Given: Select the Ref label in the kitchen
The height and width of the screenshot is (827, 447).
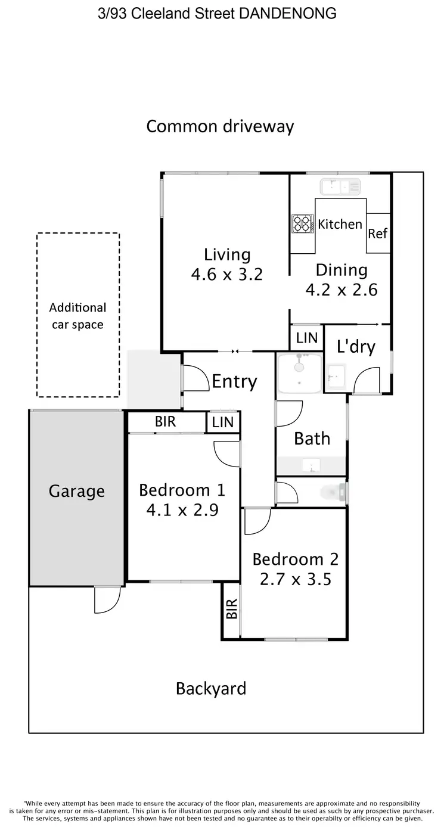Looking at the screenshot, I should pyautogui.click(x=377, y=234).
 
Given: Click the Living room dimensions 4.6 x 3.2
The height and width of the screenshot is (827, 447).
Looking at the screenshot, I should pyautogui.click(x=226, y=275).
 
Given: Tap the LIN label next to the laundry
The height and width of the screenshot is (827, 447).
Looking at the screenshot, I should pyautogui.click(x=307, y=338).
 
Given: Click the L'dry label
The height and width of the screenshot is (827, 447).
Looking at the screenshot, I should pyautogui.click(x=356, y=346).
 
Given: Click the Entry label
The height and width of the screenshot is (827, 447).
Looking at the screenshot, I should pyautogui.click(x=234, y=381).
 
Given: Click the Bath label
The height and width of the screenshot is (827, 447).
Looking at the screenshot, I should pyautogui.click(x=312, y=439).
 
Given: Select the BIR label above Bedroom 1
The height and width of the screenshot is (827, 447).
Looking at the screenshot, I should pyautogui.click(x=165, y=422).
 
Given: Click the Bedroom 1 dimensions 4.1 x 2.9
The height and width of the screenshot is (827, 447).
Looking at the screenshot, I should pyautogui.click(x=182, y=510).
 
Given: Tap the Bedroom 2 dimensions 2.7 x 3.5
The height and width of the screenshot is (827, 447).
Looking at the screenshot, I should pyautogui.click(x=295, y=579).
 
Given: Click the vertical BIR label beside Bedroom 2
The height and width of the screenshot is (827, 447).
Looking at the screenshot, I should pyautogui.click(x=232, y=609).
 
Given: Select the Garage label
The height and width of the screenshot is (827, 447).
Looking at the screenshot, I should pyautogui.click(x=76, y=492).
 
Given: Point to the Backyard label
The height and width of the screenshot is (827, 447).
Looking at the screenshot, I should pyautogui.click(x=210, y=689).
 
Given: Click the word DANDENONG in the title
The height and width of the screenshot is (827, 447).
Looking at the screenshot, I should pyautogui.click(x=287, y=13).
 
